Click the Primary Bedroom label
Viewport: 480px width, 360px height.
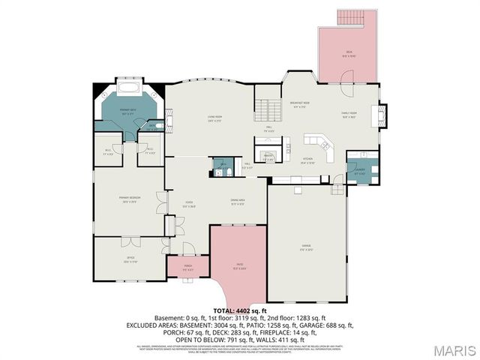pos(130,199)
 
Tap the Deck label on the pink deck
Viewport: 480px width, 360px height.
pos(349,52)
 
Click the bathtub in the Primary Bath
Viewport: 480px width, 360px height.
pos(129,89)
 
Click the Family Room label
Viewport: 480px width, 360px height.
pos(349,115)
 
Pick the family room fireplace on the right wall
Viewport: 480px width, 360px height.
pos(383,114)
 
